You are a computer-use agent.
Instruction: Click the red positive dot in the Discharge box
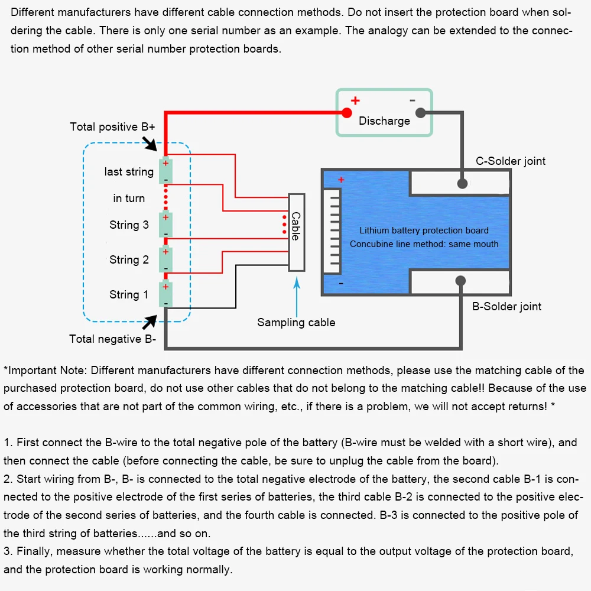click(x=347, y=112)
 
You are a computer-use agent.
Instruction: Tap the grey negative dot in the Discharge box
click(x=421, y=112)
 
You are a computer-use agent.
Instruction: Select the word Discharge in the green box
click(x=384, y=121)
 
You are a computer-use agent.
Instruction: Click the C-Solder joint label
click(x=511, y=161)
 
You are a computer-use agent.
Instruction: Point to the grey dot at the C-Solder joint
click(x=462, y=184)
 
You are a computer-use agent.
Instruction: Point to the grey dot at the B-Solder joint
click(x=460, y=281)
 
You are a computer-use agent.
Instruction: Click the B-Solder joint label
click(x=506, y=306)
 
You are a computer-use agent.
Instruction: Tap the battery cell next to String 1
click(x=165, y=294)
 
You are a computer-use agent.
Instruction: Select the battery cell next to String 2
click(x=165, y=259)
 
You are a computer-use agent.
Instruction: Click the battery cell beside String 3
click(x=165, y=225)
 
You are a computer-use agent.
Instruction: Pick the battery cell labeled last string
click(x=165, y=170)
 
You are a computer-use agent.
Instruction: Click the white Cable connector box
click(x=297, y=232)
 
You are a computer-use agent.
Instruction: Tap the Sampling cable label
click(x=296, y=323)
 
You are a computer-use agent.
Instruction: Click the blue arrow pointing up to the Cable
click(x=297, y=297)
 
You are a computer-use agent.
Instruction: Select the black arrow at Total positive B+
click(x=150, y=144)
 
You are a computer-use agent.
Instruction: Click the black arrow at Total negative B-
click(x=150, y=322)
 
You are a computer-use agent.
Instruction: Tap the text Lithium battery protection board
click(x=424, y=230)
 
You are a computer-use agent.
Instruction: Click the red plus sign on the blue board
click(x=341, y=180)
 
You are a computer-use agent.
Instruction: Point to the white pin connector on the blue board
click(x=332, y=230)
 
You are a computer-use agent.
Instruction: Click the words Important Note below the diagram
click(x=47, y=371)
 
